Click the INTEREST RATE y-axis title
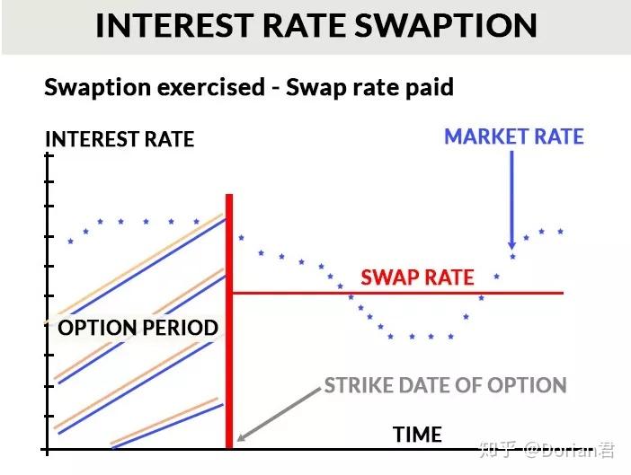coord(120,139)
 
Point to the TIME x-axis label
coord(417,435)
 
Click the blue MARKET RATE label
coord(513,137)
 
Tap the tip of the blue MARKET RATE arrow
coord(511,247)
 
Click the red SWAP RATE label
coord(417,277)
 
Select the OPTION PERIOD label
coord(138,328)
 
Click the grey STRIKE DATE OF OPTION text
coord(445,386)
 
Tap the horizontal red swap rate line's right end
coord(561,293)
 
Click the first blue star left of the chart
coord(70,241)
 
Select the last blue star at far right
coord(561,232)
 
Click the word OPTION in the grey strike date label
coord(522,386)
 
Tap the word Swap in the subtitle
coord(315,88)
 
